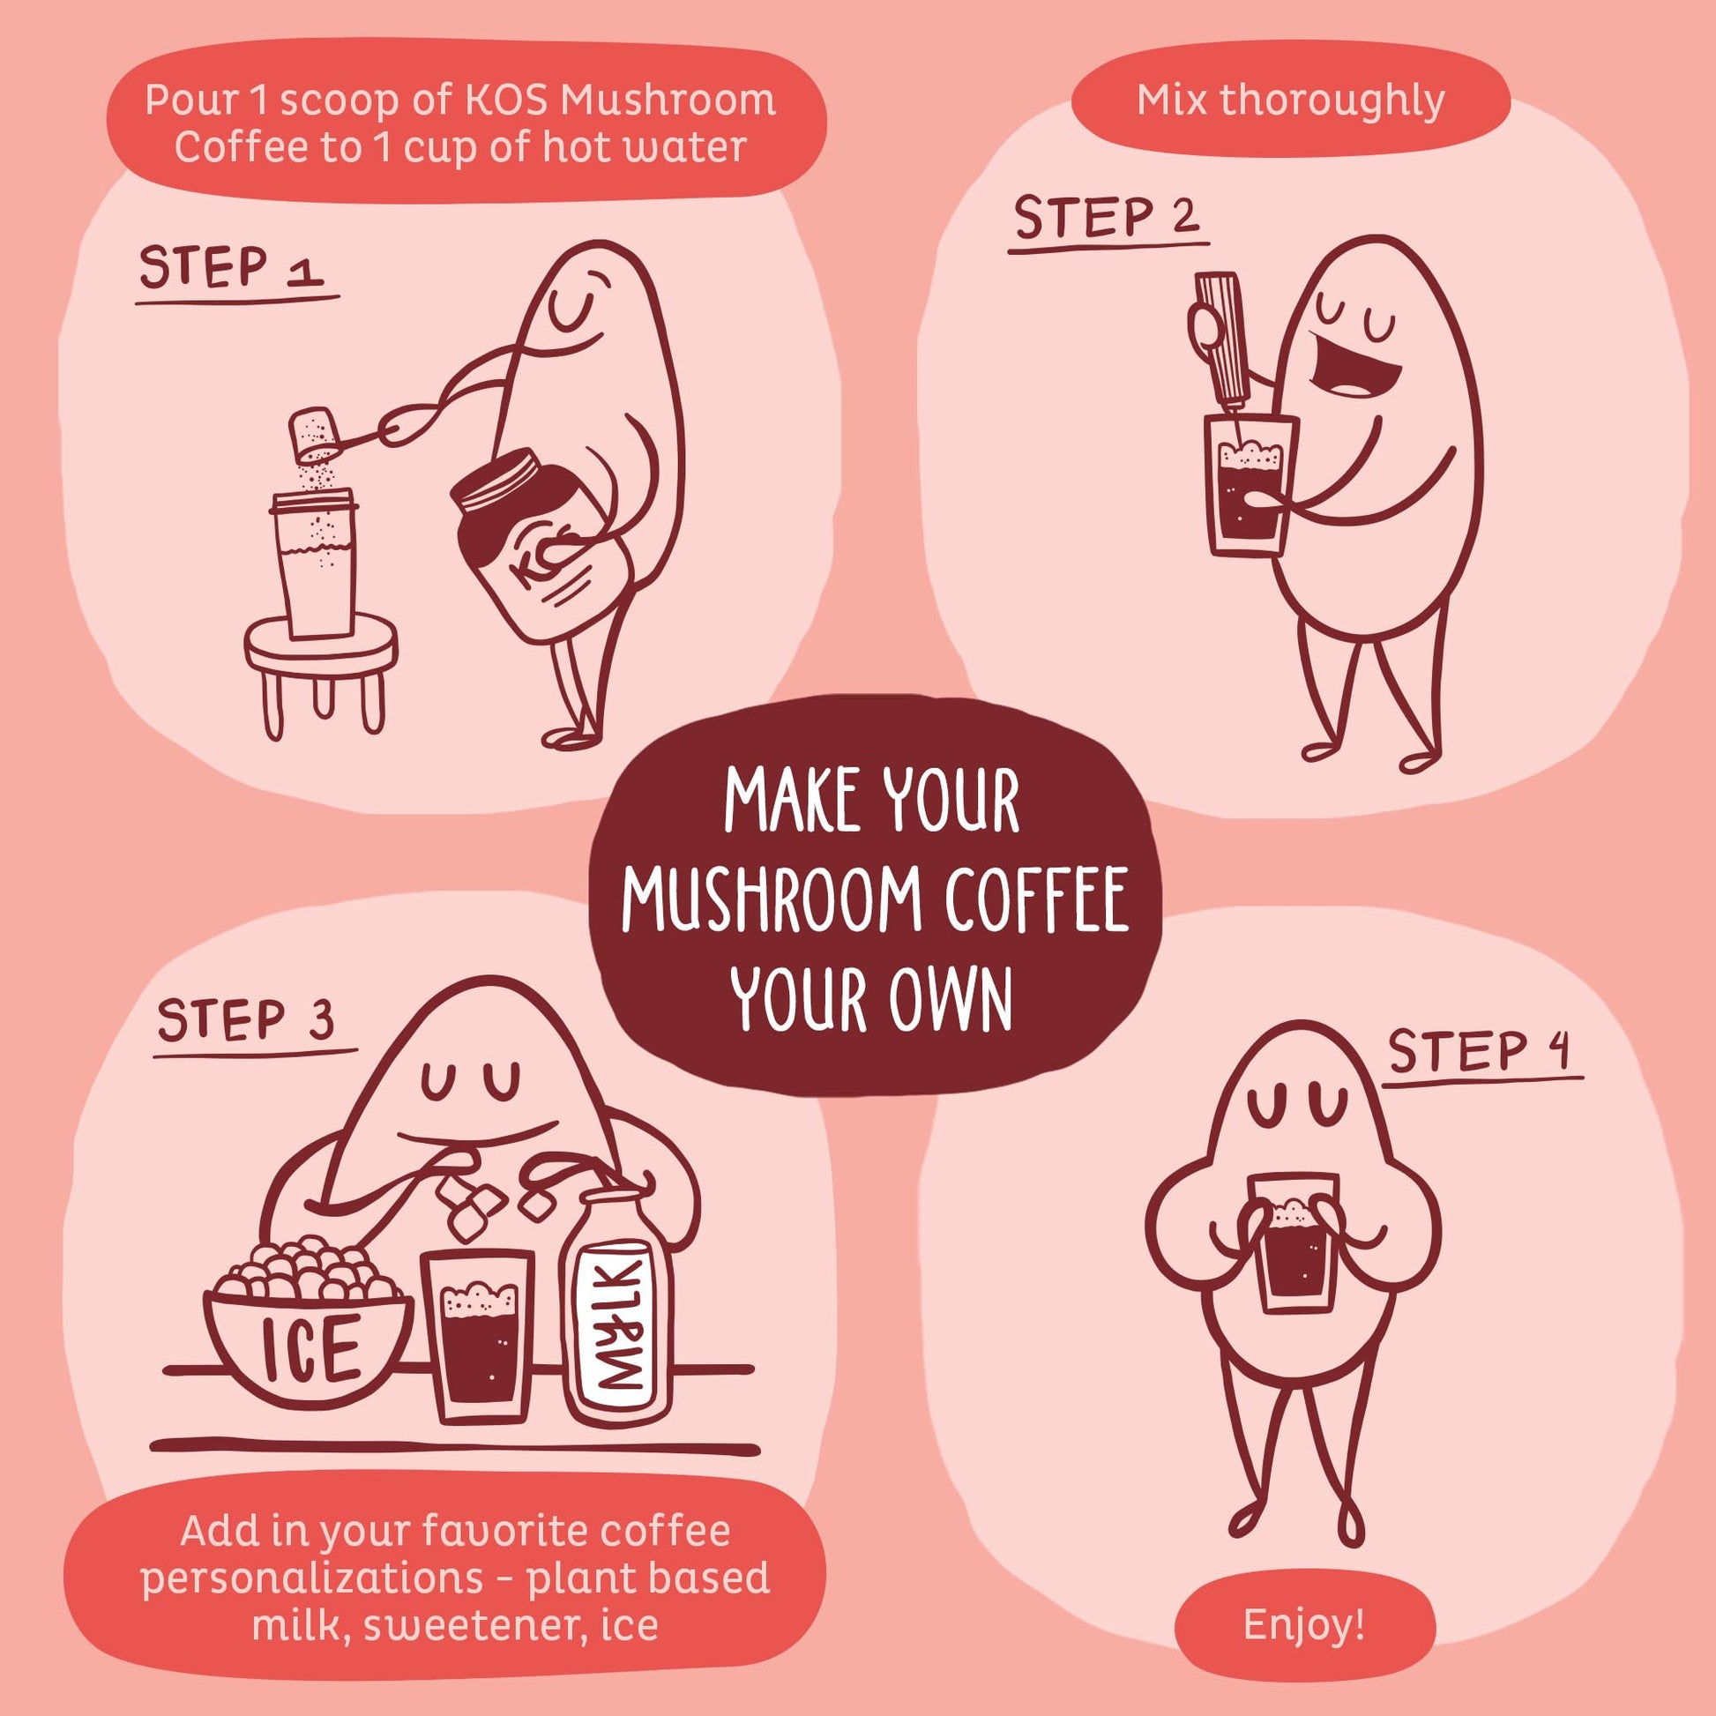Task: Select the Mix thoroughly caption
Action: point(1291,101)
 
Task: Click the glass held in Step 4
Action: point(1292,1242)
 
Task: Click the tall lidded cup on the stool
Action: point(317,564)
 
